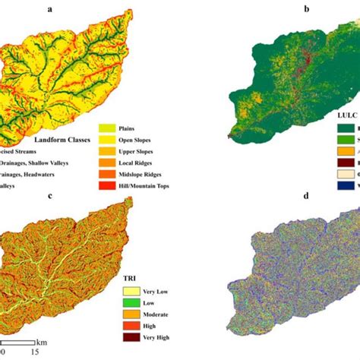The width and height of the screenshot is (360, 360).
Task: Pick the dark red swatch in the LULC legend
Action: tap(345, 160)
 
